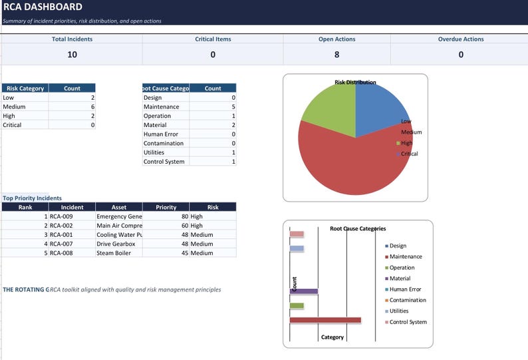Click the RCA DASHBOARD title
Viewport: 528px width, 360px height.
(x=43, y=7)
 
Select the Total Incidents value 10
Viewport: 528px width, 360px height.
(x=72, y=55)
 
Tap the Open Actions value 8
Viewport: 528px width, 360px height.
(x=336, y=55)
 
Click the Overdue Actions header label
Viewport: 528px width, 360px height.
(x=461, y=39)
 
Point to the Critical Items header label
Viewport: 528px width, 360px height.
(x=213, y=39)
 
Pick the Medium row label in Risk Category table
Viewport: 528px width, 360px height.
(x=14, y=106)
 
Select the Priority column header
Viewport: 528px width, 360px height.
(x=166, y=207)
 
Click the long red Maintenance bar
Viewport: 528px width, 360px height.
(x=325, y=320)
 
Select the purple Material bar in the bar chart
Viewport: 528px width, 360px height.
(x=304, y=291)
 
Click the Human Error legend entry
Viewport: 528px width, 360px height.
(x=406, y=289)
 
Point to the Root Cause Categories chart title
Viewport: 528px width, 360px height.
(x=358, y=228)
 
